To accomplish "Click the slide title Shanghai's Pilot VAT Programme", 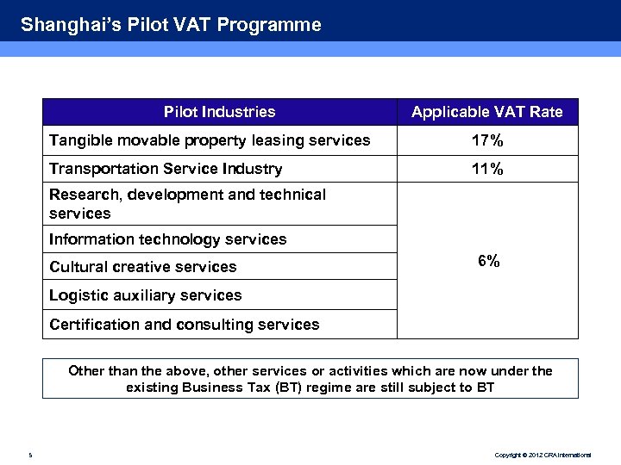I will [171, 25].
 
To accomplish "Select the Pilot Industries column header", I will [219, 112].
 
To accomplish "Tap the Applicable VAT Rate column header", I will [486, 112].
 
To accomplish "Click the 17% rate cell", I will [487, 140].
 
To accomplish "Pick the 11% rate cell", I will [487, 169].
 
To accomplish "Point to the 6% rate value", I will [488, 261].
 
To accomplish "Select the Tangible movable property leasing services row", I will [210, 140].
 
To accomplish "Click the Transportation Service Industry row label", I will [166, 169].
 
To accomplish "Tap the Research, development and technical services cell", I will [187, 204].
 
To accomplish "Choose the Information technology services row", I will [168, 239].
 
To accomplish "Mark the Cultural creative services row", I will [142, 267].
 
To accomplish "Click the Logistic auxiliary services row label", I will [145, 295].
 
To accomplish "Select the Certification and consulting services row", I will [184, 325].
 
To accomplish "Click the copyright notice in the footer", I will [543, 454].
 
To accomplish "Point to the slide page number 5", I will [30, 454].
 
